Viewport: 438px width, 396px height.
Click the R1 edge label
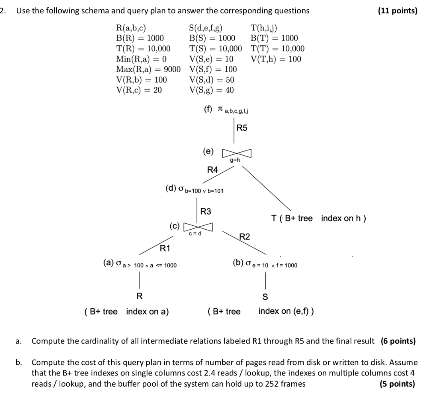click(165, 248)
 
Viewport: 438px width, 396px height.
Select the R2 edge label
click(245, 236)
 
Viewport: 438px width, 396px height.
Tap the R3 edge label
click(206, 211)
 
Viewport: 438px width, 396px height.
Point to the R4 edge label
click(212, 170)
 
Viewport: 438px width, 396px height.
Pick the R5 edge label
click(242, 128)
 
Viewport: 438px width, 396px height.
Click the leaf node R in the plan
click(139, 296)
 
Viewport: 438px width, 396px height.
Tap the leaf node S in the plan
click(265, 296)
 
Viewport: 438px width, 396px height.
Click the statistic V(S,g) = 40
click(211, 90)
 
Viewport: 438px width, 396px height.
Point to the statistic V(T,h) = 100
click(276, 59)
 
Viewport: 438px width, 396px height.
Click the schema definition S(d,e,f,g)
click(208, 28)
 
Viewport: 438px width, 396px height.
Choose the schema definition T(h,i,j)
click(264, 28)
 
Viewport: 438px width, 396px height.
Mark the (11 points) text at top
click(398, 11)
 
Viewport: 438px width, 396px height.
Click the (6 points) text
click(398, 341)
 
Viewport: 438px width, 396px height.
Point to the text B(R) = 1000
click(140, 38)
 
